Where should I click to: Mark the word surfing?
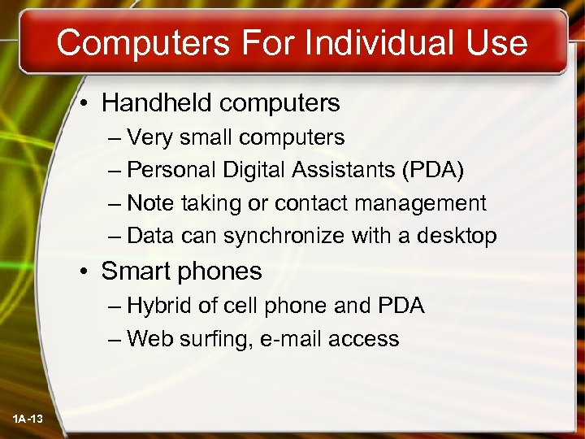point(219,339)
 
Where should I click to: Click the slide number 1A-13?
point(28,419)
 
